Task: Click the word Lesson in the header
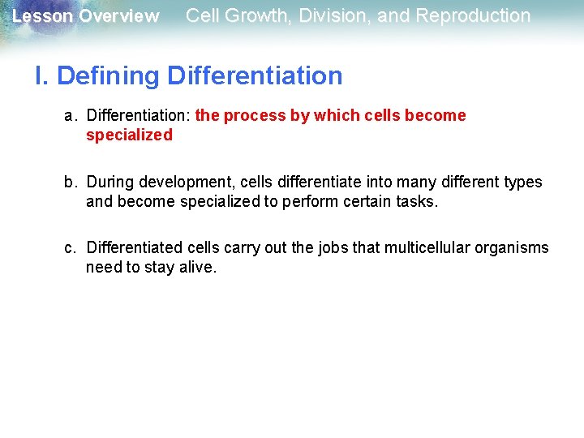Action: pyautogui.click(x=42, y=16)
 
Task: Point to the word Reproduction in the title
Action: pyautogui.click(x=473, y=15)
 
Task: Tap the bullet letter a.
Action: pyautogui.click(x=71, y=116)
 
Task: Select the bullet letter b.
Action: pyautogui.click(x=71, y=182)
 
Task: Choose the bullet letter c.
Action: pyautogui.click(x=71, y=247)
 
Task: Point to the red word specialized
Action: pyautogui.click(x=129, y=135)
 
